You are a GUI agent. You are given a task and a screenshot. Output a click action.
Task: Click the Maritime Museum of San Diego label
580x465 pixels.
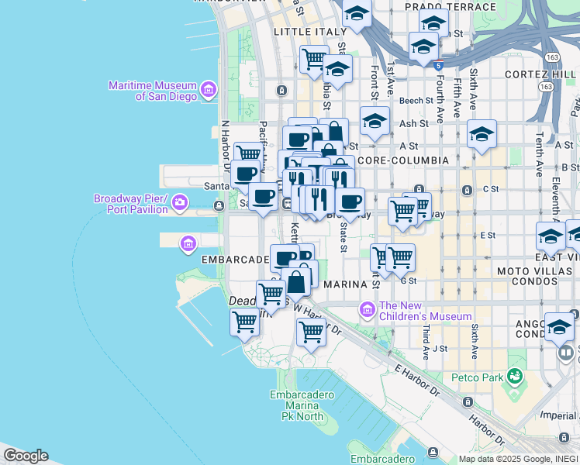click(153, 91)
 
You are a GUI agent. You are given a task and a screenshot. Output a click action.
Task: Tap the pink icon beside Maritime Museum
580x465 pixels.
click(208, 91)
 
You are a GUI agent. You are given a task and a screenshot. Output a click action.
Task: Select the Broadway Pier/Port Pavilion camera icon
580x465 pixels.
click(180, 203)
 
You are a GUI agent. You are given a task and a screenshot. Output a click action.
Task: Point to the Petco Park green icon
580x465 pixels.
click(513, 377)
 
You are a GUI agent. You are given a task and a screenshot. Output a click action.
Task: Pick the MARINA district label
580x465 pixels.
click(344, 284)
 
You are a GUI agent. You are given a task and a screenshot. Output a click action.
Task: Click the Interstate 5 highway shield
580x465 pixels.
click(439, 65)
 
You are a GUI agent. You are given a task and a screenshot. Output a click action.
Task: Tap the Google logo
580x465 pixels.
click(26, 456)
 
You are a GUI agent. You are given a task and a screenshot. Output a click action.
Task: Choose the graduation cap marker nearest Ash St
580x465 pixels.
click(375, 121)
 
